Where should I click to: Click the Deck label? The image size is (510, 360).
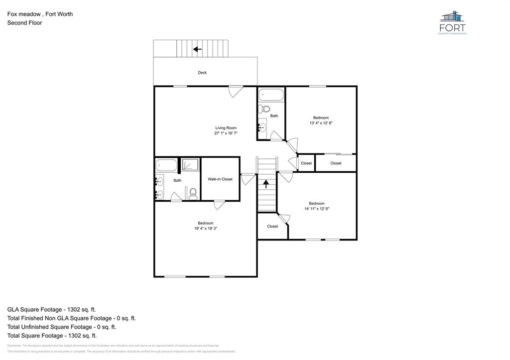[202, 73]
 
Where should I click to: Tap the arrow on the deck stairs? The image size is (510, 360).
[197, 49]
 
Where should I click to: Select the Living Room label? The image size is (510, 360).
[226, 128]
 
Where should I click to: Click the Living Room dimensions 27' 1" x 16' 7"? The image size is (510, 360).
[226, 133]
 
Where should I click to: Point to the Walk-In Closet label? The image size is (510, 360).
[220, 179]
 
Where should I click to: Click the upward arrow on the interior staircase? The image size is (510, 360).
[266, 184]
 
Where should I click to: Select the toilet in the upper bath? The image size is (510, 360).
[266, 109]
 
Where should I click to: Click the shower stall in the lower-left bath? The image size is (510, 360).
[189, 165]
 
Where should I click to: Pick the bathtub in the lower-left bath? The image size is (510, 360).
[166, 165]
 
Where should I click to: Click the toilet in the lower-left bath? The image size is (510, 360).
[193, 193]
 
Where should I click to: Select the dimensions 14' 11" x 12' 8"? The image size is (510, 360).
[317, 209]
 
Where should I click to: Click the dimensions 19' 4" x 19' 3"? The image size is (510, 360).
[206, 229]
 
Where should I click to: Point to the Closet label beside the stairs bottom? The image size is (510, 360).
[272, 227]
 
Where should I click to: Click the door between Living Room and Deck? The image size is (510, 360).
[236, 91]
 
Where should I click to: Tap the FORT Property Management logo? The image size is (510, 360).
[453, 22]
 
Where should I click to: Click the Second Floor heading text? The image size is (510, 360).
[24, 23]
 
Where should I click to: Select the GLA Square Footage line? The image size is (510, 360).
[51, 309]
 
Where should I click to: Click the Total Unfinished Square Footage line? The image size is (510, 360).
[62, 327]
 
